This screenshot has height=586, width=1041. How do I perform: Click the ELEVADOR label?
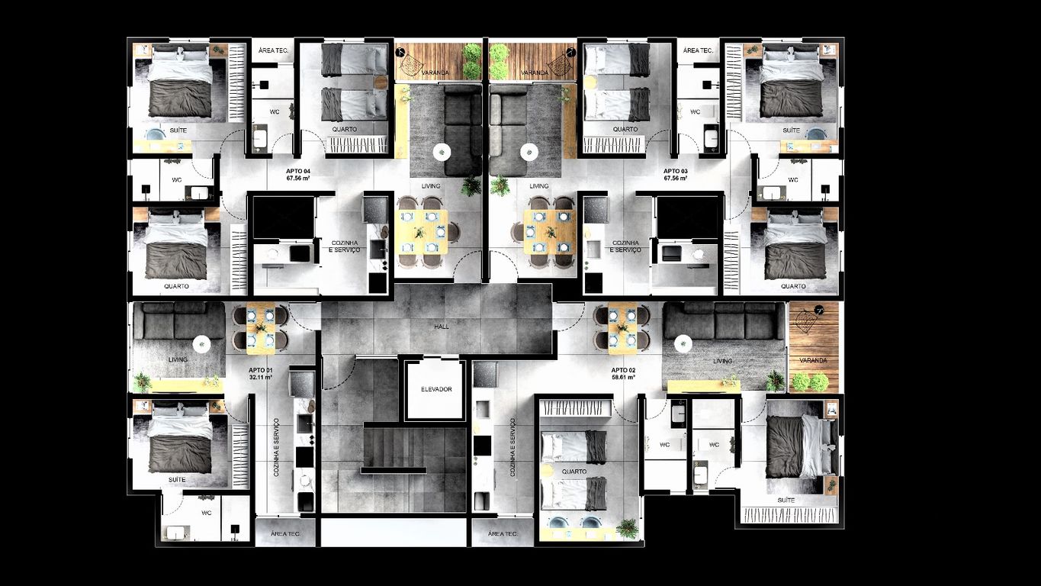pyautogui.click(x=436, y=389)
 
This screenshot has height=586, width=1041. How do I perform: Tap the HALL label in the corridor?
pyautogui.click(x=442, y=327)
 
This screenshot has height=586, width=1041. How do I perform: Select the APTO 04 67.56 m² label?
pyautogui.click(x=298, y=175)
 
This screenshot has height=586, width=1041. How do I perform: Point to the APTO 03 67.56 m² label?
pyautogui.click(x=676, y=175)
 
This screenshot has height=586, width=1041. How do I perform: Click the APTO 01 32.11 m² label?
pyautogui.click(x=261, y=373)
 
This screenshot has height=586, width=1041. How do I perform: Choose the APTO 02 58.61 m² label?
pyautogui.click(x=623, y=373)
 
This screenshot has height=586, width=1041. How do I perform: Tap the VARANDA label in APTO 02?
pyautogui.click(x=813, y=360)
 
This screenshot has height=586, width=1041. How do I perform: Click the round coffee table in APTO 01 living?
pyautogui.click(x=201, y=344)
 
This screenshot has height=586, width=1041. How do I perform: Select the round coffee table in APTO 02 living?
pyautogui.click(x=683, y=344)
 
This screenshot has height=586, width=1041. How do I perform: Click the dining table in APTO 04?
pyautogui.click(x=423, y=232)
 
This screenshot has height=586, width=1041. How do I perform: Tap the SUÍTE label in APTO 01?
pyautogui.click(x=177, y=479)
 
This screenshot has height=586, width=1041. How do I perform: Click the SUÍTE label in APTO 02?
pyautogui.click(x=786, y=501)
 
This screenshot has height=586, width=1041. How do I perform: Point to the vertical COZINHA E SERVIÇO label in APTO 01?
pyautogui.click(x=277, y=447)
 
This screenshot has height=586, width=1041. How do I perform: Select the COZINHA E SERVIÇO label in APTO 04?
pyautogui.click(x=345, y=246)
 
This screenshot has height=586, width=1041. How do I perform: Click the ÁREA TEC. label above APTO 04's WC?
pyautogui.click(x=273, y=50)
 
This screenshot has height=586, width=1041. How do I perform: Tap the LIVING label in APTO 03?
pyautogui.click(x=539, y=186)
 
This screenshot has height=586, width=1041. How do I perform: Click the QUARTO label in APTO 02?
pyautogui.click(x=574, y=472)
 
